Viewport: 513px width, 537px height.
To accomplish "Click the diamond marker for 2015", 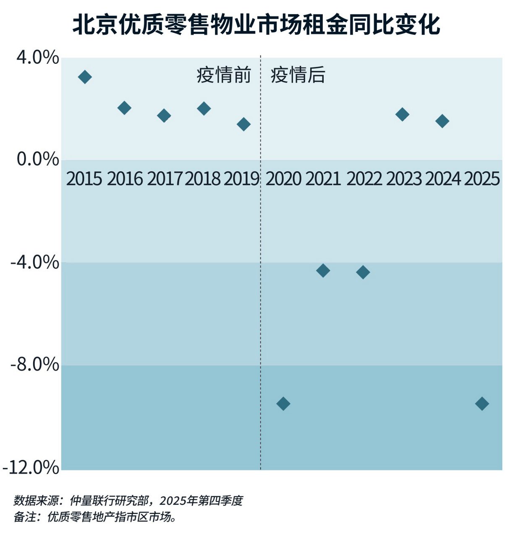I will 85,77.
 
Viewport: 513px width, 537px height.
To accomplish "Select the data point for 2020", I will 283,404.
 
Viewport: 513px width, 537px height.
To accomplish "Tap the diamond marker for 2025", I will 482,404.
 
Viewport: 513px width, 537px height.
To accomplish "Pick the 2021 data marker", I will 323,271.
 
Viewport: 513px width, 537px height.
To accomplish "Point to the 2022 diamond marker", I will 363,272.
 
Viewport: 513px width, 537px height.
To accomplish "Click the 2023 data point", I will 402,114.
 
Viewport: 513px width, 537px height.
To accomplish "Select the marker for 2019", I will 243,124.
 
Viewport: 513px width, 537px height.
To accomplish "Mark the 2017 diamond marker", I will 164,115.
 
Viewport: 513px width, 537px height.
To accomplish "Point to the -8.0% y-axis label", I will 35,365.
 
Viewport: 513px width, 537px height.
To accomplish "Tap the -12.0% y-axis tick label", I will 31,467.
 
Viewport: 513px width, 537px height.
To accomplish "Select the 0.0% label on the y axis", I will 38,159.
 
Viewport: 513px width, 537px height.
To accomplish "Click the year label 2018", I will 203,179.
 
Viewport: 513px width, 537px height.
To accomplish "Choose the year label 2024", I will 443,179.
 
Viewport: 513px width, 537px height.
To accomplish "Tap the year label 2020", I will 283,179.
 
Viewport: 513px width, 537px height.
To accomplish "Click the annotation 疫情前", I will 224,75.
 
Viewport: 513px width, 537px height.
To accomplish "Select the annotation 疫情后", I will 298,75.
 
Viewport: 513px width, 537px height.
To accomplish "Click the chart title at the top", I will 256,25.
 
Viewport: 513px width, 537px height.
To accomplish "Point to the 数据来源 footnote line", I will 128,501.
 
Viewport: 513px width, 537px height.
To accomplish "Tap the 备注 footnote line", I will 95,517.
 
